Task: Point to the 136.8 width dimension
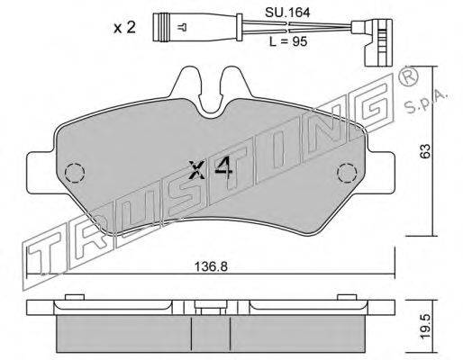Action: coord(211,265)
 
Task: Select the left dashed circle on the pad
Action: coord(75,172)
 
